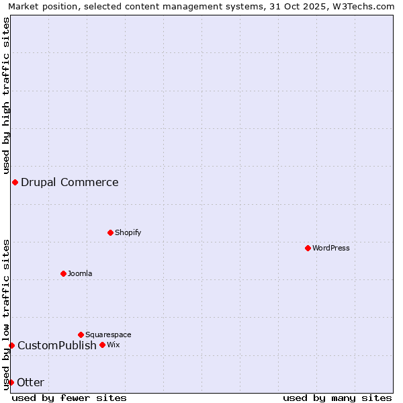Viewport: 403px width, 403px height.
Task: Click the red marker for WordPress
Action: coord(308,248)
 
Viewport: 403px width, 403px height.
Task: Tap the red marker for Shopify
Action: coord(110,232)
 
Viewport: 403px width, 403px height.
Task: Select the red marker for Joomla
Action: coord(63,273)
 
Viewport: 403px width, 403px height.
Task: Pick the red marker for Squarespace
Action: coord(81,334)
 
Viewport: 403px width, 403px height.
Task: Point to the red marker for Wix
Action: coord(102,345)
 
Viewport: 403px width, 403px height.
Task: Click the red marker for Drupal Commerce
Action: coord(15,182)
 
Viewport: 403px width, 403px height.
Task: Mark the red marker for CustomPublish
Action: coord(11,345)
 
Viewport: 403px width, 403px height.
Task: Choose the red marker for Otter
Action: coord(11,382)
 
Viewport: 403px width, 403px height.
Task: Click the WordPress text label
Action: coord(331,249)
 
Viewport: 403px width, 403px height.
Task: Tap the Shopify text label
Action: coord(128,233)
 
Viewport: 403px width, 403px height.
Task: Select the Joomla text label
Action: coord(80,274)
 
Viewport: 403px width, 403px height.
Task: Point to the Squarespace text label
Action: coord(108,335)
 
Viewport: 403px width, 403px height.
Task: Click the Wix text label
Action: coord(113,345)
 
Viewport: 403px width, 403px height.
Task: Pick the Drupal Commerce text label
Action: coord(70,183)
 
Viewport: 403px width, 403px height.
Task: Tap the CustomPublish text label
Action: coord(57,346)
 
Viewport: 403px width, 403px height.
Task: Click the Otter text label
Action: coord(31,383)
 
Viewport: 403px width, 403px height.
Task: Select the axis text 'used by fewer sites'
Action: coord(69,398)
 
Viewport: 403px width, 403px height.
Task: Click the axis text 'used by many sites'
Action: coord(337,398)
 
